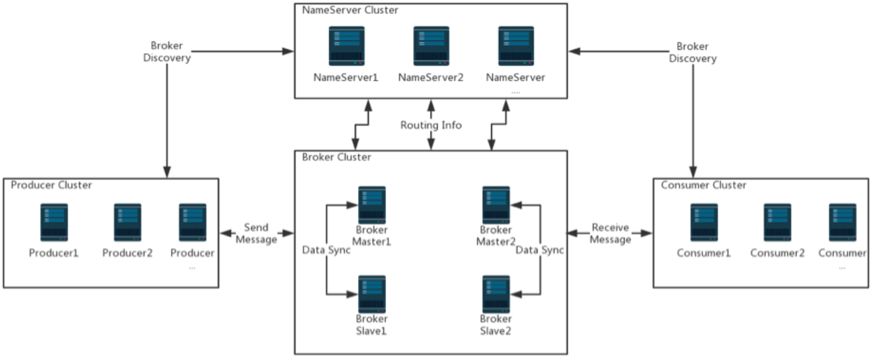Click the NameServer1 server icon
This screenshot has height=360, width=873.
point(346,46)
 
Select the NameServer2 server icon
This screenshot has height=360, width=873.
point(431,46)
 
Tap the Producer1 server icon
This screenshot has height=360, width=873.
point(54,222)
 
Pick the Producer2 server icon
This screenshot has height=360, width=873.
point(127,222)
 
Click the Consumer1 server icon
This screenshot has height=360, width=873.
point(704,222)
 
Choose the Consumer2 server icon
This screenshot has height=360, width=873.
point(777,222)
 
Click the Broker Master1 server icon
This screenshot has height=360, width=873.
point(372,205)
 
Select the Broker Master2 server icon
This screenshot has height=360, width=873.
point(496,205)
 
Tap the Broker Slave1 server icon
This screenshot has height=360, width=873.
point(372,294)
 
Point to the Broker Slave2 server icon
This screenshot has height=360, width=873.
point(496,294)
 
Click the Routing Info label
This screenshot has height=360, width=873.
point(431,125)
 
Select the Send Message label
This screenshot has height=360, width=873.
point(256,234)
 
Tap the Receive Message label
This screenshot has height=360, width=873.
point(610,234)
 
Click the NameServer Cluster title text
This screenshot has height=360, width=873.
point(350,10)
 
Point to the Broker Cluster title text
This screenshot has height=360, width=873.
point(337,157)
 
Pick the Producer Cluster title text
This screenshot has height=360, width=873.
point(52,185)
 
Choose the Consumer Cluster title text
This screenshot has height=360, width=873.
point(704,185)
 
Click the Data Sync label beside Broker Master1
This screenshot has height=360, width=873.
point(326,250)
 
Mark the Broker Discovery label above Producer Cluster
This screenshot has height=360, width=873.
point(167,52)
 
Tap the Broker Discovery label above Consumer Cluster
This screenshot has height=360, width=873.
point(693,52)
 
